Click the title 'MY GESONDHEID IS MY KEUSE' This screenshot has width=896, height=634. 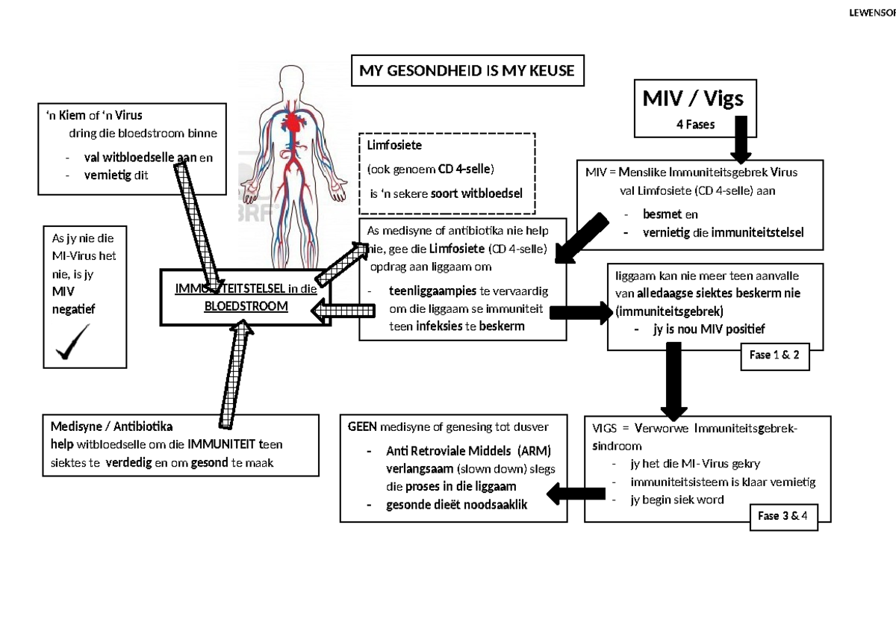pos(467,71)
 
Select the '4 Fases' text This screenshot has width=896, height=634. pos(695,125)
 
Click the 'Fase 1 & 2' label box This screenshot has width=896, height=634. pos(774,355)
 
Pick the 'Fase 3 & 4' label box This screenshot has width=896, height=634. pos(783,515)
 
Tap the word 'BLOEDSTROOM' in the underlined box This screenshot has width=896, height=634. pos(246,306)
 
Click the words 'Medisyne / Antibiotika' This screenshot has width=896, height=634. pos(111,427)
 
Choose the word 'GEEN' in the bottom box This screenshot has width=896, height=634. pos(363,427)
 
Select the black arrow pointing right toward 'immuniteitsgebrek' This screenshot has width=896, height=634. pos(579,313)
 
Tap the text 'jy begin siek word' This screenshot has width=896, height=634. pos(677,500)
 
